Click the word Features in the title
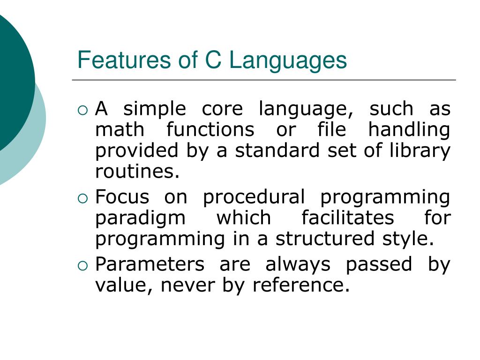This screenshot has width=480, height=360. [124, 60]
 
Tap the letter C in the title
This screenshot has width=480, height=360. [213, 60]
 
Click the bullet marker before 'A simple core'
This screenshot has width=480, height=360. [82, 110]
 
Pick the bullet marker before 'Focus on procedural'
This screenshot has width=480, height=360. [82, 199]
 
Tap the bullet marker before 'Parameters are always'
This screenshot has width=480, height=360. [82, 266]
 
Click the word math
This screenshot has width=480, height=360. [120, 129]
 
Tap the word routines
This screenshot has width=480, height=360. [137, 172]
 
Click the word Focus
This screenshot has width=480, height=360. [122, 197]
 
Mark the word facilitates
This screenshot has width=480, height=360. [348, 217]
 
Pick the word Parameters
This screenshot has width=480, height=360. [150, 264]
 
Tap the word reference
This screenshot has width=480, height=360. [301, 285]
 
